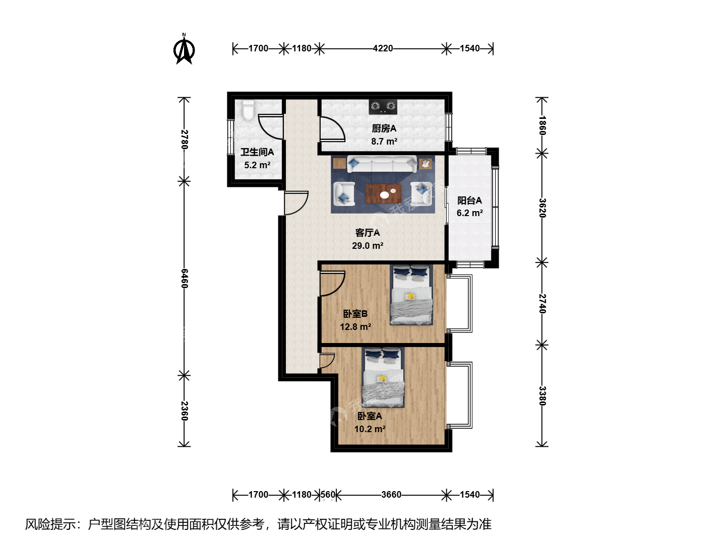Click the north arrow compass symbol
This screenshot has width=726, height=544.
point(184,49)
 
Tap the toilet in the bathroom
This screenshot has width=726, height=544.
point(249,110)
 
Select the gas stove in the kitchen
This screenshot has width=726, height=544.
point(383,107)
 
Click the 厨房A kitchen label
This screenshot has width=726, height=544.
point(384,128)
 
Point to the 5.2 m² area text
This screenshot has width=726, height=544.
point(257,165)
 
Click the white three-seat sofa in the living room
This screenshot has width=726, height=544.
point(382,164)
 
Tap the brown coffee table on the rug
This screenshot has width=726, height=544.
point(383,193)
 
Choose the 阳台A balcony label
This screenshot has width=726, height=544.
point(470,200)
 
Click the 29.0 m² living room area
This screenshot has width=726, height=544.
point(368,246)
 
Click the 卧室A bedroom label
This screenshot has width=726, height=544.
point(370,416)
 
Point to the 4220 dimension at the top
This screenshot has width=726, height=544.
point(383,48)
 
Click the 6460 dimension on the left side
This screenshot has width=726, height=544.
point(185,279)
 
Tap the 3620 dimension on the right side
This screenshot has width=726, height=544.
point(542,208)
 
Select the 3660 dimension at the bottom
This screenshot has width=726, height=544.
point(391,495)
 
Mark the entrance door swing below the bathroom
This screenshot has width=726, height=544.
point(296,203)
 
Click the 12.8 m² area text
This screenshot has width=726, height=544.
point(355,327)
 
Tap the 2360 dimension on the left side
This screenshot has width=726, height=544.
point(185,411)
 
